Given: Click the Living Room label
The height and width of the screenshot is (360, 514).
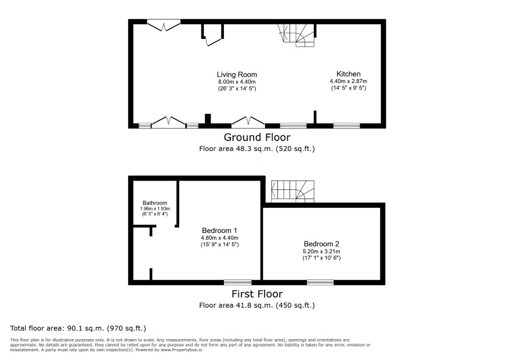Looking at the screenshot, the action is click(x=237, y=74).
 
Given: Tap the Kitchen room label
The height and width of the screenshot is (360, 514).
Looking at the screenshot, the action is click(x=349, y=74).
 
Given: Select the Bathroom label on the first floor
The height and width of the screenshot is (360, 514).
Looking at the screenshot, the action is click(x=155, y=203).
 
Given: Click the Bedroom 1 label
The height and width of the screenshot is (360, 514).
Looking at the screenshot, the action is click(x=219, y=231).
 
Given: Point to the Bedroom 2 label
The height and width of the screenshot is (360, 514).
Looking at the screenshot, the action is click(x=321, y=244).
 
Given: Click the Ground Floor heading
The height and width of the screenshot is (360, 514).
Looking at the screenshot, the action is click(x=257, y=137).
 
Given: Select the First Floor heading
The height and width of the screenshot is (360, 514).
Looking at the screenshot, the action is click(x=257, y=294).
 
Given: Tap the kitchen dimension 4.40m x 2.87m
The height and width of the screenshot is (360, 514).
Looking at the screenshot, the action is click(x=349, y=81).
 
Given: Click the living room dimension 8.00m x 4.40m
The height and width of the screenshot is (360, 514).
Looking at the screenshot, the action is click(x=237, y=82).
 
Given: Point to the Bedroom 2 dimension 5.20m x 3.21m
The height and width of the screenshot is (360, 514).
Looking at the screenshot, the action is click(x=321, y=251).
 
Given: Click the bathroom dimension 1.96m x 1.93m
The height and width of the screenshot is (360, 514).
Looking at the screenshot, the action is click(x=155, y=208).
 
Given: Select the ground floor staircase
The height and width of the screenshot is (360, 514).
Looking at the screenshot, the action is click(x=296, y=35).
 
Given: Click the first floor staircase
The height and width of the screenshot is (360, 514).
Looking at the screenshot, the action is click(x=293, y=192).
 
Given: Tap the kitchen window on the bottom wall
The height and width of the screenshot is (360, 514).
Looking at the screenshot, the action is click(x=346, y=125).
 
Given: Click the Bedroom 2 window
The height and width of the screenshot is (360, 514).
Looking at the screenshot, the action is click(x=320, y=282).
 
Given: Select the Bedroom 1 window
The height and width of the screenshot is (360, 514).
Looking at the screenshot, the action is click(x=238, y=282).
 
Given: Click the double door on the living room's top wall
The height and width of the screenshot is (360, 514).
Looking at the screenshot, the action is click(x=164, y=26).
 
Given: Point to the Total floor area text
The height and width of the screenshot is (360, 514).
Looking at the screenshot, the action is click(x=78, y=328).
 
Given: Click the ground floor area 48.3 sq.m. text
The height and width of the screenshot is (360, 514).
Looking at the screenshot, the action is click(x=257, y=149).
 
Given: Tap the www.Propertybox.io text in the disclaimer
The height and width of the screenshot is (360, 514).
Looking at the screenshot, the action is click(x=181, y=350).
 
